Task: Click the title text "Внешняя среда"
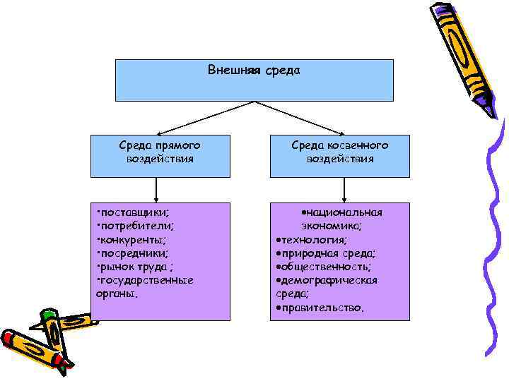pos(255,71)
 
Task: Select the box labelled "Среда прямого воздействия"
pos(160,152)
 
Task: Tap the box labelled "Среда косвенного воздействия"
pos(340,152)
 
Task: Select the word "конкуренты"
pos(133,240)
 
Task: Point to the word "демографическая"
pos(329,280)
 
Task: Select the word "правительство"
pos(322,307)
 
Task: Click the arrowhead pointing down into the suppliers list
pos(156,199)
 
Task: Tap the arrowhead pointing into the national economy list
pos(344,199)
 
